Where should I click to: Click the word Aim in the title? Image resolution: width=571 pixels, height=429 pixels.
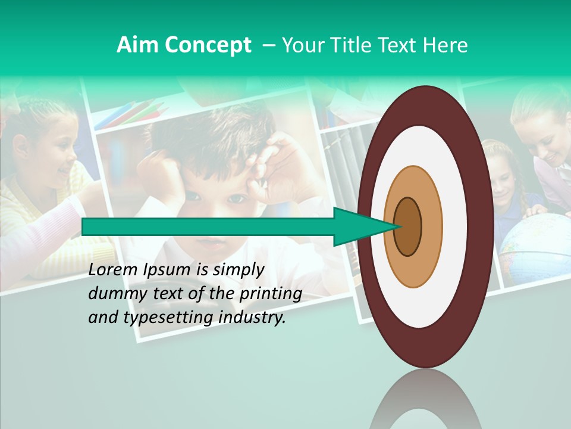(x=137, y=45)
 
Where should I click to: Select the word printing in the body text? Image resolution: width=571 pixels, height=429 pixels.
(x=271, y=294)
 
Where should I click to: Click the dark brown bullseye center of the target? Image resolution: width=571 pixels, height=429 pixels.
(x=408, y=226)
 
